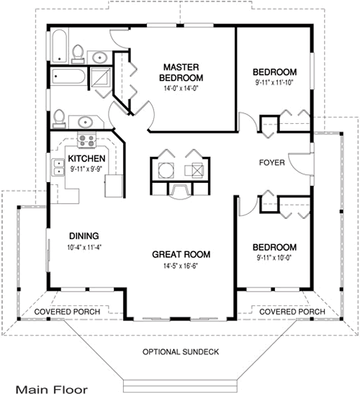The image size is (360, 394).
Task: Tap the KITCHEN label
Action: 87,158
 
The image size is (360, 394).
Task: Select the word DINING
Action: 84,236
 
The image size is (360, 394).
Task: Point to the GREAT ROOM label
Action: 180,254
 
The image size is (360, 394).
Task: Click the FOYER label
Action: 271,163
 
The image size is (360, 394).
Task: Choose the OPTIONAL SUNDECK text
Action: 179,351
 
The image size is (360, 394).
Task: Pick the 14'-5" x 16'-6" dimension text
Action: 180,266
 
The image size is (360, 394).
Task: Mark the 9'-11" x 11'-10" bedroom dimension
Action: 274,84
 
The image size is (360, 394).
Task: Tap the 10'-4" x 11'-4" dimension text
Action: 84,247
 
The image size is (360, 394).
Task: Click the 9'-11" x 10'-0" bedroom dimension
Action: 274,258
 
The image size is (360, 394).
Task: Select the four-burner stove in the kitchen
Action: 87,141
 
